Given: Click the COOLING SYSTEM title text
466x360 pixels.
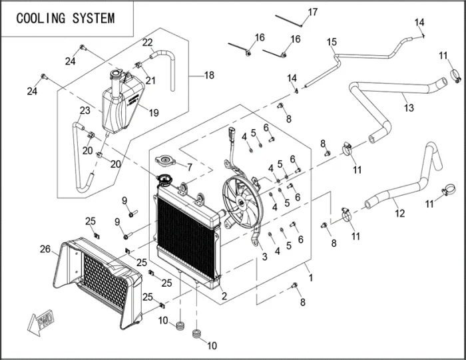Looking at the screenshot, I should point(65,18).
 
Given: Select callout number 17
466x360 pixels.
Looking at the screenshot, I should point(312,12).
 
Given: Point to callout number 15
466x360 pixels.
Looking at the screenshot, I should point(332,43).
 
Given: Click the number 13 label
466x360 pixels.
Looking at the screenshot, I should point(409,107).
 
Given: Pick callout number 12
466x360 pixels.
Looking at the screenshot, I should point(399,214).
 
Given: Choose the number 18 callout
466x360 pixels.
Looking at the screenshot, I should point(209,75).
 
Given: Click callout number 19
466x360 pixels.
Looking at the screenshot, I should point(154,112).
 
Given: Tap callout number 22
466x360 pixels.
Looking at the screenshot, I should point(147,43).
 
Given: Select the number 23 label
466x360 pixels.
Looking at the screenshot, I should point(85,110).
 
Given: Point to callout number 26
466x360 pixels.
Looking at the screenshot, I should point(45,250).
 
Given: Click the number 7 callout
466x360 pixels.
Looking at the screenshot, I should point(189,166).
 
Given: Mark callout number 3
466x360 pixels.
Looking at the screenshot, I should point(265,256).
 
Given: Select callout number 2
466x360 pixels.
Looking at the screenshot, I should point(224,296).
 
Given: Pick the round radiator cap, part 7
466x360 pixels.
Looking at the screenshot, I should point(163,162).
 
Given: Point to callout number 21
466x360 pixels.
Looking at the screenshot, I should point(150,81).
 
